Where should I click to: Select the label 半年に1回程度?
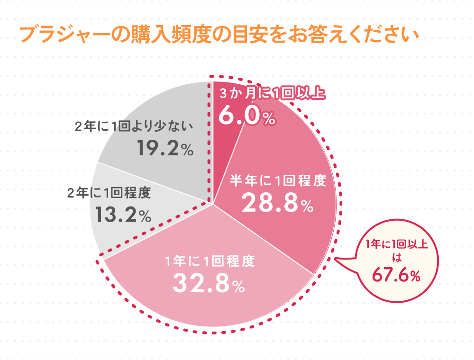point(278,180)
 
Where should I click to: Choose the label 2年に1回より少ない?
point(135,126)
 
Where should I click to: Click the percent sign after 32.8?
point(238,286)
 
